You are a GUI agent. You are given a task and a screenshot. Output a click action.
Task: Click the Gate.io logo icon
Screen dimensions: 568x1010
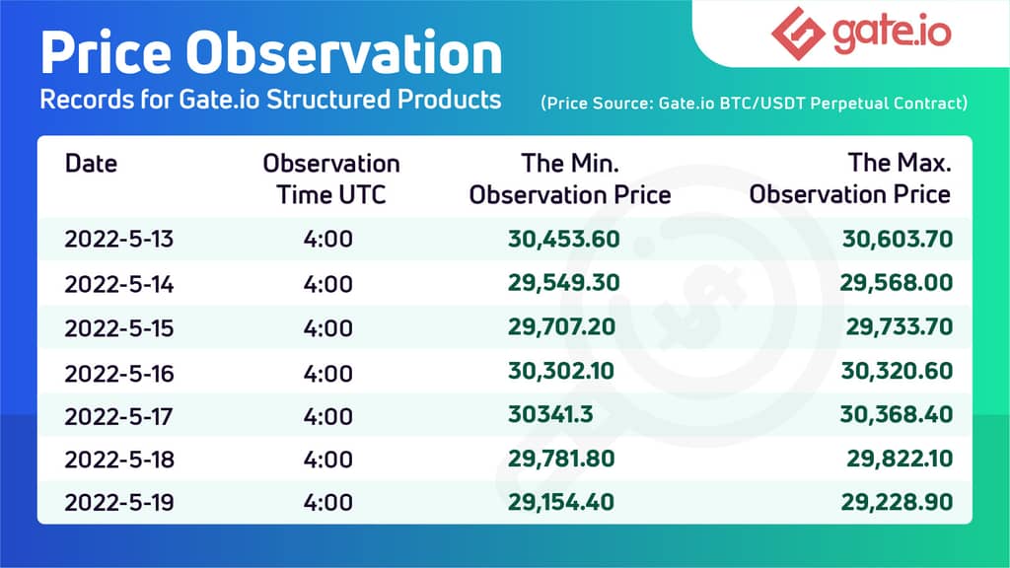(x=797, y=34)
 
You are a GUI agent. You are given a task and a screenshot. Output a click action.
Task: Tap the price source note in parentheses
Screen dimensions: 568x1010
(x=754, y=103)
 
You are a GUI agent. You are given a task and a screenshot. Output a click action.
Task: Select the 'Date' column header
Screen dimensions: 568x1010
(x=90, y=163)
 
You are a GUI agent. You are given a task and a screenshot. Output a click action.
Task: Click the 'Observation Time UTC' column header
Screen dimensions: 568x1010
(x=330, y=178)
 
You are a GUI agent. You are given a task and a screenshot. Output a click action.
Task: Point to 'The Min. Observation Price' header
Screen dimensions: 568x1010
(x=569, y=178)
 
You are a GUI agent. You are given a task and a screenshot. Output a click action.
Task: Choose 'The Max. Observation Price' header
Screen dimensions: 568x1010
(x=849, y=178)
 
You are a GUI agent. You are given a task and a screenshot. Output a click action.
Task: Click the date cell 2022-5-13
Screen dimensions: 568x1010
(x=118, y=240)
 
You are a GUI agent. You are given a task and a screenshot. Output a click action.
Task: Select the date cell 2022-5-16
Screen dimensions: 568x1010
(x=118, y=372)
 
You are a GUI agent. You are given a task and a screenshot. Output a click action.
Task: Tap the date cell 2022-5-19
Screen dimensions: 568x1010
(x=118, y=503)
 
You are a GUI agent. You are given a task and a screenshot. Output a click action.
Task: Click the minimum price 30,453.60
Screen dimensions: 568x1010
(x=564, y=240)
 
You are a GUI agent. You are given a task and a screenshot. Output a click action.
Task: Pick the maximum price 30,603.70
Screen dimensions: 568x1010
(x=897, y=240)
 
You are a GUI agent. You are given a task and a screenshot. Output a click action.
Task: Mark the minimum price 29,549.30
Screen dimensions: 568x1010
(x=564, y=284)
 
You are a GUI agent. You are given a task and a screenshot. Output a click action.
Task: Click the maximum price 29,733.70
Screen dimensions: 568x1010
(x=899, y=327)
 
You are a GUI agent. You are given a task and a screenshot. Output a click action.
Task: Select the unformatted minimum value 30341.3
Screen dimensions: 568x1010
(x=550, y=415)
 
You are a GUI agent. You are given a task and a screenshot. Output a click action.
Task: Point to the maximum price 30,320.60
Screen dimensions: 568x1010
(x=897, y=372)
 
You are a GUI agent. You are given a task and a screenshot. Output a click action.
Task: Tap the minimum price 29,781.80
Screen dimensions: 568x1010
(x=562, y=459)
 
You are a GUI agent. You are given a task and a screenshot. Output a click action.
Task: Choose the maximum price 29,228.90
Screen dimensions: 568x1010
(x=897, y=503)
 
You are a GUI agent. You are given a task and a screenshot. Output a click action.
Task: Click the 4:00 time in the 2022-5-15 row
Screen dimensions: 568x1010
(x=328, y=327)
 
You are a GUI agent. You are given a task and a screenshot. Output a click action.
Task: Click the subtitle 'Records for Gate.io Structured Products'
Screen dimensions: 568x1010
(x=269, y=101)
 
